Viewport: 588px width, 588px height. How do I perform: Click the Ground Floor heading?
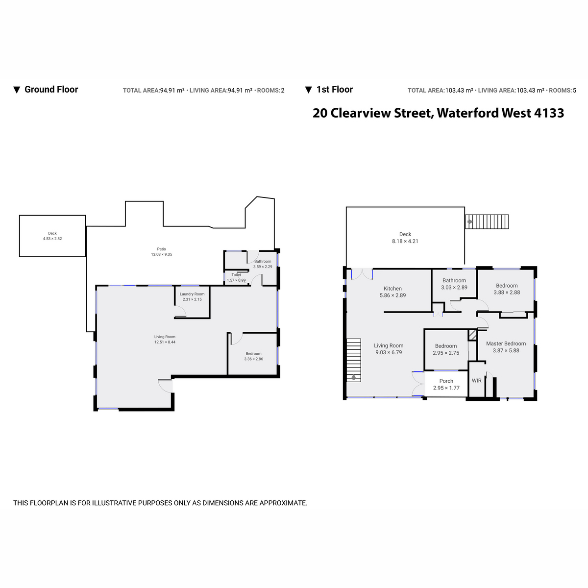(x=51, y=89)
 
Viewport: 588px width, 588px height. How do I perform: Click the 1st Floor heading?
(x=335, y=89)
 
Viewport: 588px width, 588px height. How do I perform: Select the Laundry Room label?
(x=192, y=294)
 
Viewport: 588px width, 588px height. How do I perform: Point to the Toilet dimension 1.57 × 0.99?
(x=236, y=280)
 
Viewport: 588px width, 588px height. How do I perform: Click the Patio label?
(x=161, y=249)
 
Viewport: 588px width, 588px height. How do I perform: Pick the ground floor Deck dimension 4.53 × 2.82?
(x=52, y=239)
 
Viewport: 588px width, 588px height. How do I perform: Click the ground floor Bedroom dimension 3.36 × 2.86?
(x=253, y=359)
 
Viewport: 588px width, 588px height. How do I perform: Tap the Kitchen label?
(x=392, y=288)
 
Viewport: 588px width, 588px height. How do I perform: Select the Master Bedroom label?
(x=506, y=343)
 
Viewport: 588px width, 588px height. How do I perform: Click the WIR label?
(x=477, y=381)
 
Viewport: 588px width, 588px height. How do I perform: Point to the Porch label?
(x=446, y=381)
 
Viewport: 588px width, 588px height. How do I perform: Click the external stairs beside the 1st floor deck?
(x=487, y=221)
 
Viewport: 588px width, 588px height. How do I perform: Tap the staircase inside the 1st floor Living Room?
(x=354, y=360)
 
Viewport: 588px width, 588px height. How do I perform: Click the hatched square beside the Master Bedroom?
(x=472, y=335)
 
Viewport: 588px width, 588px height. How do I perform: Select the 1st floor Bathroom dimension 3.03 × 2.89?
(x=454, y=287)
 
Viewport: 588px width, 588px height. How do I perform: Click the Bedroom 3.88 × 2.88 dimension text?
(x=507, y=292)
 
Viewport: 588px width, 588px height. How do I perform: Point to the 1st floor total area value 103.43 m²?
(x=459, y=90)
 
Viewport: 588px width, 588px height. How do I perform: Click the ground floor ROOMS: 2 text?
(x=270, y=90)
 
